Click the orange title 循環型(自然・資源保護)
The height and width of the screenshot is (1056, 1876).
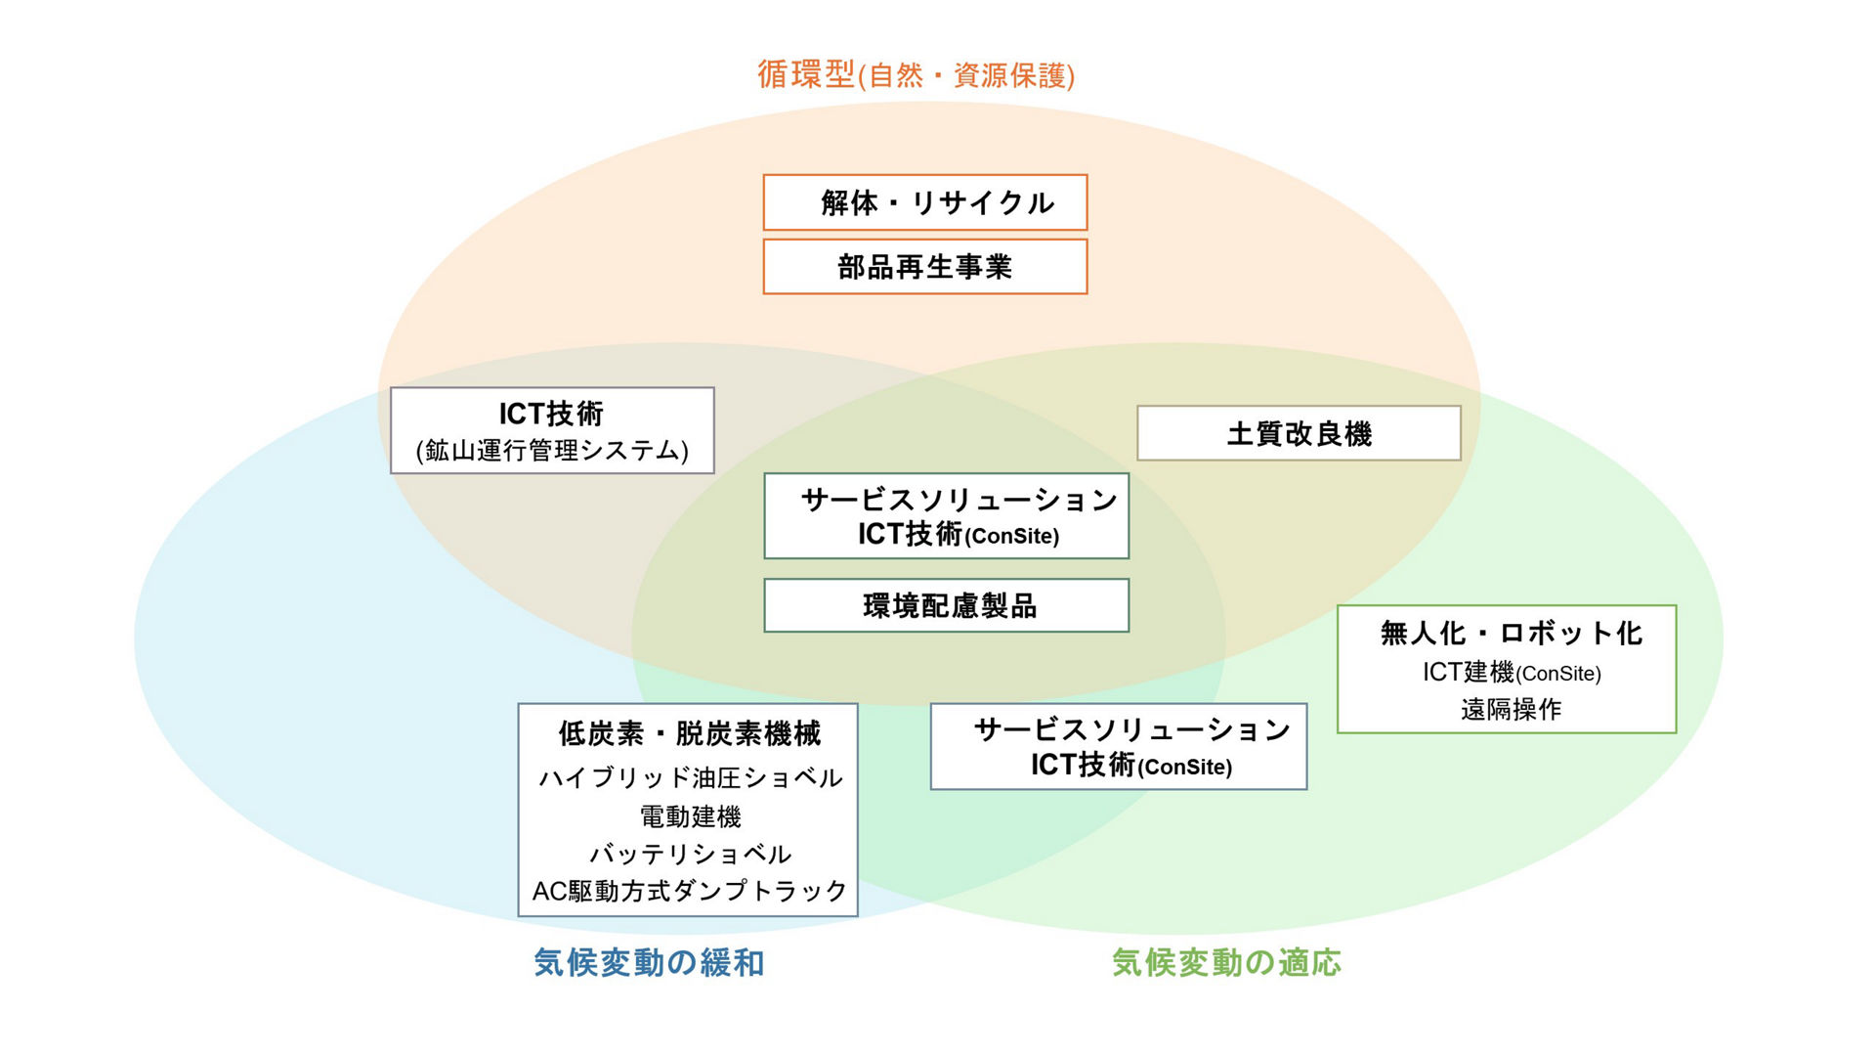916,74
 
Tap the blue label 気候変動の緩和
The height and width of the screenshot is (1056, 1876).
649,962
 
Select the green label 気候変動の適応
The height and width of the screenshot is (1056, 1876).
1226,962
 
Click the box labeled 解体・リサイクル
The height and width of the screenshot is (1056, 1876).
924,202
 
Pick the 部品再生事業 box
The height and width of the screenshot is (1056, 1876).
924,266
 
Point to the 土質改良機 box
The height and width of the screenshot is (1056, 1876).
1299,433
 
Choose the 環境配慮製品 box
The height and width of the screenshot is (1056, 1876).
946,605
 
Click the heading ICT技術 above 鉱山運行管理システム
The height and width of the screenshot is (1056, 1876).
551,414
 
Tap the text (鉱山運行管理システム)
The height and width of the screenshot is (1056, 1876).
552,450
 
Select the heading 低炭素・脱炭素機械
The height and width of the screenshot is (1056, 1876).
689,732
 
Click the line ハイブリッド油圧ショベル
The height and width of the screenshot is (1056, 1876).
690,777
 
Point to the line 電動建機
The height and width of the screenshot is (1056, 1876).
690,815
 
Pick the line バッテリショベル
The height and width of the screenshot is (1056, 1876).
690,854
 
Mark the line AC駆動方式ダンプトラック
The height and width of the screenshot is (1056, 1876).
690,891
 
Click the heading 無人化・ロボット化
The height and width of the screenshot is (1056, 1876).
1511,633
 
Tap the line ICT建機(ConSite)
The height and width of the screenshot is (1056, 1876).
1512,672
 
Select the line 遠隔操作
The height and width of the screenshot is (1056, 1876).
1511,709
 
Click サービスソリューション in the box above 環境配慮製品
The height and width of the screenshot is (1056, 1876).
959,500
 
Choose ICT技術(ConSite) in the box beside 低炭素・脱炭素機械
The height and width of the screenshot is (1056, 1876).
1131,765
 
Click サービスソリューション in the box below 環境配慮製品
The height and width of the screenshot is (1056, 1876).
1132,729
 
